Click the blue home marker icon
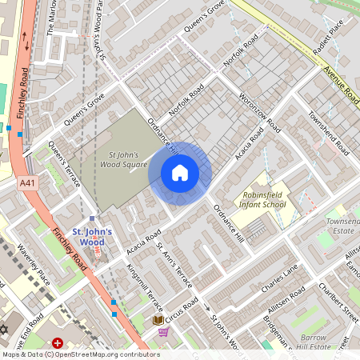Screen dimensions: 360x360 (180, 172)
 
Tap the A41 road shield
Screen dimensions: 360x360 (26, 183)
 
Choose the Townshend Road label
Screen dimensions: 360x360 (328, 133)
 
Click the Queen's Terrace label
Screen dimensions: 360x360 (64, 163)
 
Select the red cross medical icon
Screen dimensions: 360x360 (58, 342)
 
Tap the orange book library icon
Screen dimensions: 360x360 (158, 320)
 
